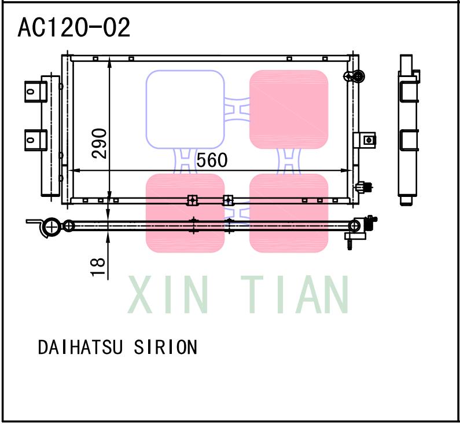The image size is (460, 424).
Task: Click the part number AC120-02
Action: click(x=74, y=27)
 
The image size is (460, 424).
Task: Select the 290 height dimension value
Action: click(x=100, y=143)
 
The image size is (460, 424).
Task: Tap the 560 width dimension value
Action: click(x=212, y=160)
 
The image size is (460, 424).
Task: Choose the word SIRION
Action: click(x=165, y=348)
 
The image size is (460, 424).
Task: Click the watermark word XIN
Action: click(x=168, y=295)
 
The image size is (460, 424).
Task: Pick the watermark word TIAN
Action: click(x=295, y=295)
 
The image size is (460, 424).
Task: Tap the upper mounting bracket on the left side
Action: click(x=35, y=91)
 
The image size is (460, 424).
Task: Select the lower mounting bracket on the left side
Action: click(x=35, y=139)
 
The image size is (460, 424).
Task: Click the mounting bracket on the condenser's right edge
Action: click(x=367, y=139)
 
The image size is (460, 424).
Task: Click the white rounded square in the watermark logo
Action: click(x=185, y=109)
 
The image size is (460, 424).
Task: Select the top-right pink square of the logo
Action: click(x=289, y=109)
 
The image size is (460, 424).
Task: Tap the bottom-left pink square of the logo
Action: click(x=185, y=213)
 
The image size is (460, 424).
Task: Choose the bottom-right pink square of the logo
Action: click(x=289, y=213)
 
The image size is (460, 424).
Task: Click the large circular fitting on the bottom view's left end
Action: click(x=52, y=226)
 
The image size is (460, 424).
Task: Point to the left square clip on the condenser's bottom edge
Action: click(x=192, y=200)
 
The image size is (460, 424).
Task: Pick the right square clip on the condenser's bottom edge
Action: click(x=228, y=200)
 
